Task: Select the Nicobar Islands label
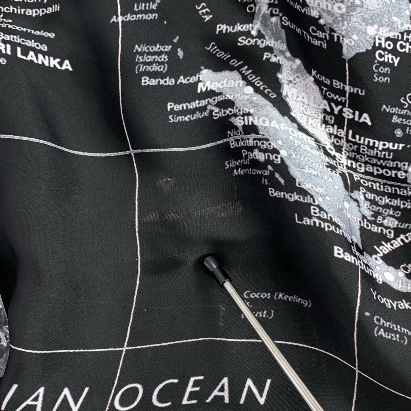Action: [x=151, y=58]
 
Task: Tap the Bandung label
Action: [x=353, y=259]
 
